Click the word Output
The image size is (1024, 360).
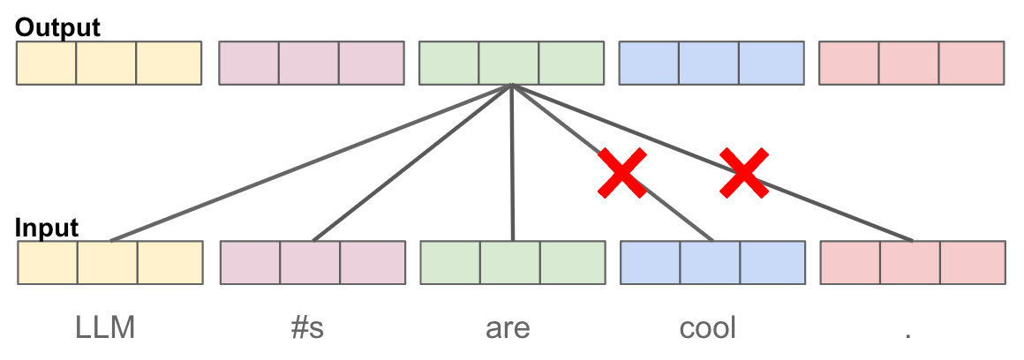click(57, 26)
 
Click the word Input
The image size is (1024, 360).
click(47, 228)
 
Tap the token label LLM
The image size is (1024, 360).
click(106, 328)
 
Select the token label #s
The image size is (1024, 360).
click(306, 328)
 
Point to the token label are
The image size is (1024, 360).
click(508, 328)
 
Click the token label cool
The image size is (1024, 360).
click(708, 328)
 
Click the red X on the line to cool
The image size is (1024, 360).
click(622, 173)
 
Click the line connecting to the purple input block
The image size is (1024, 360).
click(412, 162)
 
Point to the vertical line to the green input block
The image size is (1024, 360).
click(512, 162)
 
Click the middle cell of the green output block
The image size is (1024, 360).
click(509, 63)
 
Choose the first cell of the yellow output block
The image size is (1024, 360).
click(47, 63)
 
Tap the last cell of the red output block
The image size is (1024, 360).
click(971, 63)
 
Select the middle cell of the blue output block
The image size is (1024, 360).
click(709, 63)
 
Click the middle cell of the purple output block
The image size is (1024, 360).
click(309, 63)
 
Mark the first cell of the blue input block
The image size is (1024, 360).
click(650, 262)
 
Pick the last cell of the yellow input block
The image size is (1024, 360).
click(169, 262)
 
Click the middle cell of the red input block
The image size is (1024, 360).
click(910, 262)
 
